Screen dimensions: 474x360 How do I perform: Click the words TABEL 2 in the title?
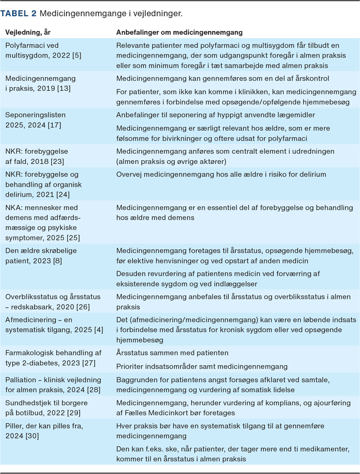(x=18, y=14)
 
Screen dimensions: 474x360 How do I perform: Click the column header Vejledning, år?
(x=27, y=33)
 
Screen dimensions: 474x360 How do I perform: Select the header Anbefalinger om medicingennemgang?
(x=180, y=33)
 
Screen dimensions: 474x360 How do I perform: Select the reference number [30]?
(x=33, y=436)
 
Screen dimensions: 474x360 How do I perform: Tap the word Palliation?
(x=23, y=379)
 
